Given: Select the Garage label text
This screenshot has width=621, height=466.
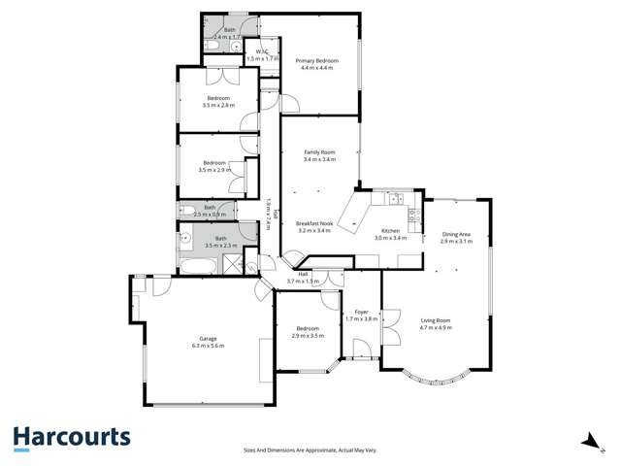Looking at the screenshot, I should click(209, 339).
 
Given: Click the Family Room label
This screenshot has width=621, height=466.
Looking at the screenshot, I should click(319, 152).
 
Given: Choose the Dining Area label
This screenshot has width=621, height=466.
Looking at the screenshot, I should click(456, 234).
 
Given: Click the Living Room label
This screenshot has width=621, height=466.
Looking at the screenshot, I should click(436, 320).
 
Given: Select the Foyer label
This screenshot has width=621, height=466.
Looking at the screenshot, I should click(361, 312).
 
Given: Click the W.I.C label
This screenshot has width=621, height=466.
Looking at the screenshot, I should click(255, 52).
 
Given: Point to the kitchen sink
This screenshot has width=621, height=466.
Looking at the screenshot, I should click(395, 199).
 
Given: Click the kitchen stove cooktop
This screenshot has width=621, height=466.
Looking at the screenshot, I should click(415, 215).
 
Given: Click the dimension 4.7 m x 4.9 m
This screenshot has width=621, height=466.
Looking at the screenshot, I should click(436, 328).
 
